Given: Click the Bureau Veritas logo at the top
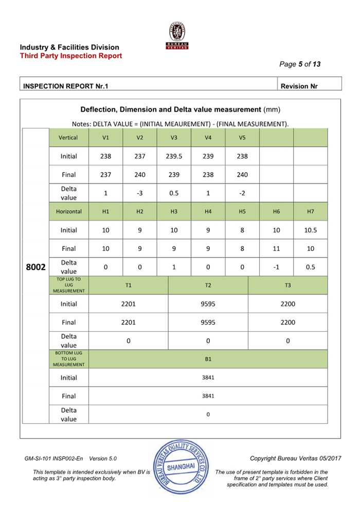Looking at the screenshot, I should pyautogui.click(x=178, y=37).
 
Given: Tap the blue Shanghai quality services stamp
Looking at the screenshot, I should pyautogui.click(x=181, y=466).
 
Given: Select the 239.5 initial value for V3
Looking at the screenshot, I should pyautogui.click(x=174, y=156).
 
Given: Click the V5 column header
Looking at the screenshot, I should pyautogui.click(x=242, y=138).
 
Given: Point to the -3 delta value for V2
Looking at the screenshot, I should pyautogui.click(x=140, y=193).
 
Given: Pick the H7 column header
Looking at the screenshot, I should pyautogui.click(x=310, y=211).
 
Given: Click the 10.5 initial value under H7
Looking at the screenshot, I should pyautogui.click(x=310, y=230).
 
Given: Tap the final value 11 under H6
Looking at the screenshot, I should pyautogui.click(x=276, y=248).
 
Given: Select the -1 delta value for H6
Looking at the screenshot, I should pyautogui.click(x=276, y=267).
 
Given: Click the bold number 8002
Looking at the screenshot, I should pyautogui.click(x=36, y=267).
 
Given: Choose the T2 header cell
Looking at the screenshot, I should pyautogui.click(x=208, y=285).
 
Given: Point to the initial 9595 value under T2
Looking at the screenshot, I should pyautogui.click(x=208, y=304).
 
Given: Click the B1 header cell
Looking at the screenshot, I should pyautogui.click(x=208, y=359).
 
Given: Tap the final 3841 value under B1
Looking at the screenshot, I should pyautogui.click(x=208, y=396).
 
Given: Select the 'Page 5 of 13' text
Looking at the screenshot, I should pyautogui.click(x=300, y=64).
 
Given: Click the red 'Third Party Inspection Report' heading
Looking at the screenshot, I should pyautogui.click(x=71, y=56).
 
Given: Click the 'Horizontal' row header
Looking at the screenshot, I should pyautogui.click(x=68, y=211).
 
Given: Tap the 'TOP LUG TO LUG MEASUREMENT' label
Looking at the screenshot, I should pyautogui.click(x=68, y=285).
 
